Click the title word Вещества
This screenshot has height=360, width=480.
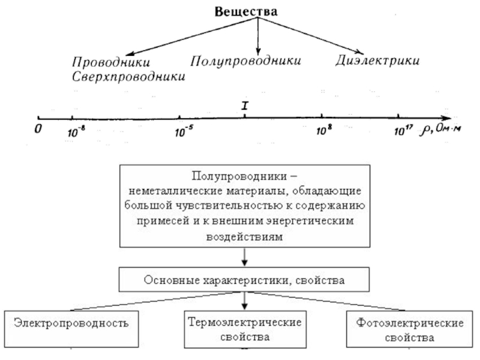(x=246, y=11)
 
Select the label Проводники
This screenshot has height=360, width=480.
(x=111, y=62)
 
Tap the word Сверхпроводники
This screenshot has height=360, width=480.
(x=128, y=77)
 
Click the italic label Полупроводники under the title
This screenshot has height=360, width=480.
(x=245, y=61)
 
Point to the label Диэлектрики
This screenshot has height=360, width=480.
(x=377, y=61)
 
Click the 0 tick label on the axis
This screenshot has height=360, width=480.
(x=38, y=129)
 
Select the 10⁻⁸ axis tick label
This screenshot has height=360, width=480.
(x=76, y=131)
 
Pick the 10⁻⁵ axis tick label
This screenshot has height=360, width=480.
(x=184, y=131)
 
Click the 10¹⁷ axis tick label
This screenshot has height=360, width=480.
(x=403, y=130)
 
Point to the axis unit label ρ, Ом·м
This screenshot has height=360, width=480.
(x=441, y=130)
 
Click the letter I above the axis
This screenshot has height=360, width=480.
(x=245, y=106)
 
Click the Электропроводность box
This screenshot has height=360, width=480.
(x=71, y=329)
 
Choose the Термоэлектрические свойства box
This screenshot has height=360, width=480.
(x=245, y=329)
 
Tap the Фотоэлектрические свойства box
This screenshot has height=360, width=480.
(x=409, y=329)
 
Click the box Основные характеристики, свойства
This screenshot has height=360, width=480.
(x=244, y=279)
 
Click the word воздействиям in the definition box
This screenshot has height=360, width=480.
(x=245, y=237)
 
